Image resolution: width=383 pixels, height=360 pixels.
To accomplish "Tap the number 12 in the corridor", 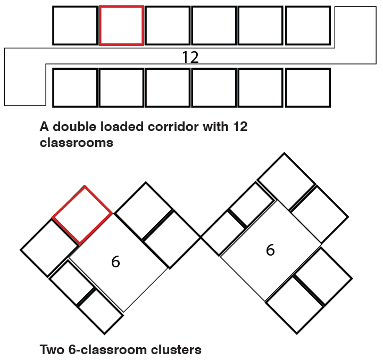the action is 190,58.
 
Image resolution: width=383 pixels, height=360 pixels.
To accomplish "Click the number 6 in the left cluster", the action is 115,261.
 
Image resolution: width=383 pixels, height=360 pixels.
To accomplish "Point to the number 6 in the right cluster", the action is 270,250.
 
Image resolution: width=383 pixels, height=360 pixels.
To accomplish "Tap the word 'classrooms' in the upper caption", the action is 77,143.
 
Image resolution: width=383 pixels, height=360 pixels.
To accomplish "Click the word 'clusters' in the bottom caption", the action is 176,350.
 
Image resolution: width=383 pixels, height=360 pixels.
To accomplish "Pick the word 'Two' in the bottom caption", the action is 51,350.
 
